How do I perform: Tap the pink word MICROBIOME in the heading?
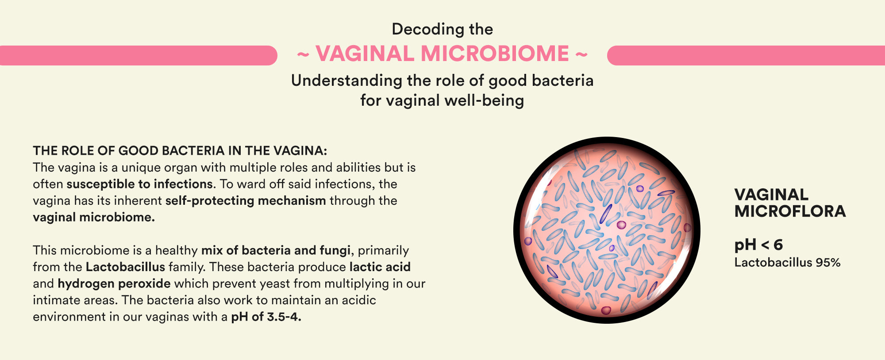point(495,54)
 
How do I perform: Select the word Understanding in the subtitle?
point(346,81)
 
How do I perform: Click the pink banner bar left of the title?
point(139,55)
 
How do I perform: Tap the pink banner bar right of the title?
point(746,55)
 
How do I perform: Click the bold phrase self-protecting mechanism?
point(246,201)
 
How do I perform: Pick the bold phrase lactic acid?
point(380,267)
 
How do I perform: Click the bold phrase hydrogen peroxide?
point(114,283)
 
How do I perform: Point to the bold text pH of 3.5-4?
point(266,317)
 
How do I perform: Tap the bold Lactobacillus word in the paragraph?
point(125,267)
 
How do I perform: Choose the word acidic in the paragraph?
point(359,300)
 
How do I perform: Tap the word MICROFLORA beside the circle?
point(790,211)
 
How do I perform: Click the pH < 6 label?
point(758,245)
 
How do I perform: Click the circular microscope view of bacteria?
point(607,230)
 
